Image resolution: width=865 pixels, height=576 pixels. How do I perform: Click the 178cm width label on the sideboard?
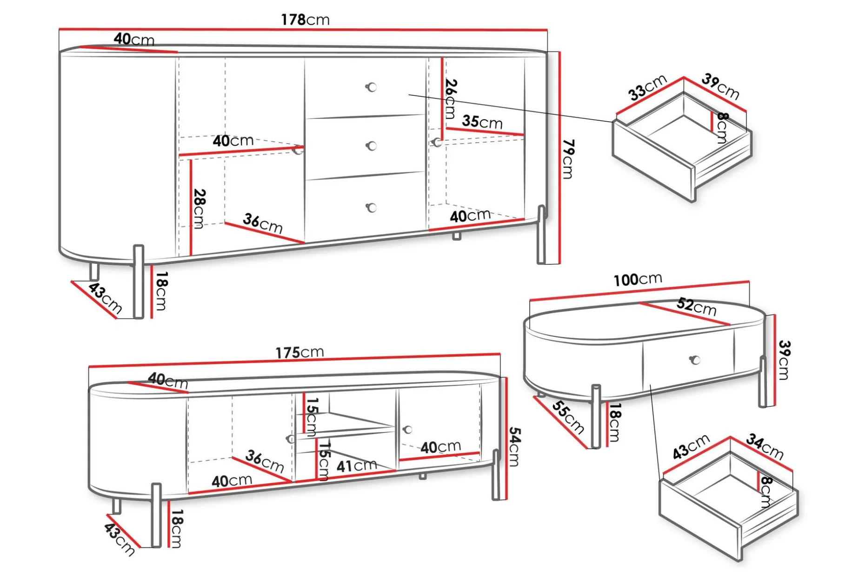(305, 20)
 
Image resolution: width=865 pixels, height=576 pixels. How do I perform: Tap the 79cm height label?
(568, 159)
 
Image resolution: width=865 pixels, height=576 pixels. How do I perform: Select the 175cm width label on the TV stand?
(299, 352)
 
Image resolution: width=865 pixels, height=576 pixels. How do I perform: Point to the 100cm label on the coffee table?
(638, 279)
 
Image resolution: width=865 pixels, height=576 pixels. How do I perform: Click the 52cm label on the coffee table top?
(696, 307)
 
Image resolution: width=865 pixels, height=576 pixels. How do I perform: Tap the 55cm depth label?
(568, 417)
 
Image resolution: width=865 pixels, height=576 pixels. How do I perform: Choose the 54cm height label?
(514, 446)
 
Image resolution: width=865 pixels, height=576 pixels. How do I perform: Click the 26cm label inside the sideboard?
(451, 98)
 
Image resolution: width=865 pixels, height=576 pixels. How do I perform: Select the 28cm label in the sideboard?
(199, 209)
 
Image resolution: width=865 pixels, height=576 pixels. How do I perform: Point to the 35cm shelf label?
(482, 122)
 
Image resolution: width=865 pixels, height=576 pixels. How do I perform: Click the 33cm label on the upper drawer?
(647, 87)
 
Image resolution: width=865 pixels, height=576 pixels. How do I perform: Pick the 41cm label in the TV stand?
(356, 465)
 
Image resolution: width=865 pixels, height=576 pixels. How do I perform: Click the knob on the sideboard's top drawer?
(371, 87)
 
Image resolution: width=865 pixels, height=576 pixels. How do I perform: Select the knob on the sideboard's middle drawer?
(371, 146)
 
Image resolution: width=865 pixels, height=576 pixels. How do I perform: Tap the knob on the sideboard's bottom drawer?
(371, 208)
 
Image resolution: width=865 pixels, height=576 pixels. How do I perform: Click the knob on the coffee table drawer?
(695, 360)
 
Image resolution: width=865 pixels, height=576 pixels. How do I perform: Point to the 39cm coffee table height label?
(784, 360)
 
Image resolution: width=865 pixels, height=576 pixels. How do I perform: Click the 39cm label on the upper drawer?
(720, 86)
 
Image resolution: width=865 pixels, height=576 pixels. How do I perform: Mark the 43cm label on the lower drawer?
(692, 446)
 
